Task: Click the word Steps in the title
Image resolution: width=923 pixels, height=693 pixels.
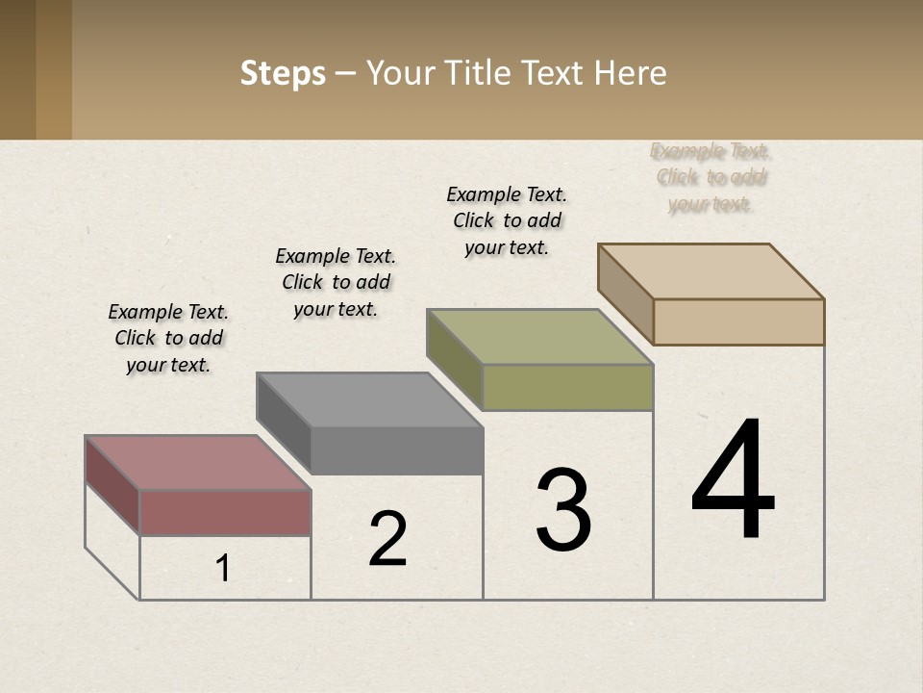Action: click(283, 74)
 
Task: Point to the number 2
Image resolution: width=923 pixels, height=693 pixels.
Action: click(388, 539)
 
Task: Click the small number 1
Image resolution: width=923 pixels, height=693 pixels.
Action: click(223, 568)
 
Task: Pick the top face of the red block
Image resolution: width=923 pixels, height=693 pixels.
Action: click(197, 462)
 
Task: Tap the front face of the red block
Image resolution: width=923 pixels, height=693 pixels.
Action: click(225, 512)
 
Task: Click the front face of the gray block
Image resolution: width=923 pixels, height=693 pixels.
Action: click(396, 450)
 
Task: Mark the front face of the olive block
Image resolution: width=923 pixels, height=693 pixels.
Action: click(567, 387)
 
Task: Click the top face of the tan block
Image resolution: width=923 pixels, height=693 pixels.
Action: click(710, 270)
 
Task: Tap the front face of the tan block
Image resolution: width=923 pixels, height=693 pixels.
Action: click(738, 321)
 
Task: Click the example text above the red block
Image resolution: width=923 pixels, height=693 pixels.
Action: click(168, 338)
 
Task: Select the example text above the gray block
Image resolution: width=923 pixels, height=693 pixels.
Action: click(336, 282)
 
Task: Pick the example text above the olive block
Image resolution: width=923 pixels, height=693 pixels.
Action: click(507, 220)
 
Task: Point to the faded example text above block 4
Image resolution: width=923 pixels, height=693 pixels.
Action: click(711, 177)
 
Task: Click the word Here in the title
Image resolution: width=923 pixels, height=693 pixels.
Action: click(630, 74)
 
